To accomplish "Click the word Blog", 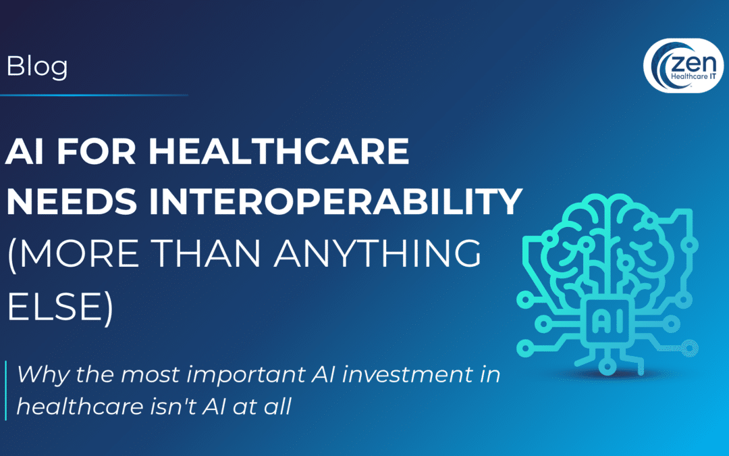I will pyautogui.click(x=36, y=67).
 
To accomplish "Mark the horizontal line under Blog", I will pyautogui.click(x=94, y=95).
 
